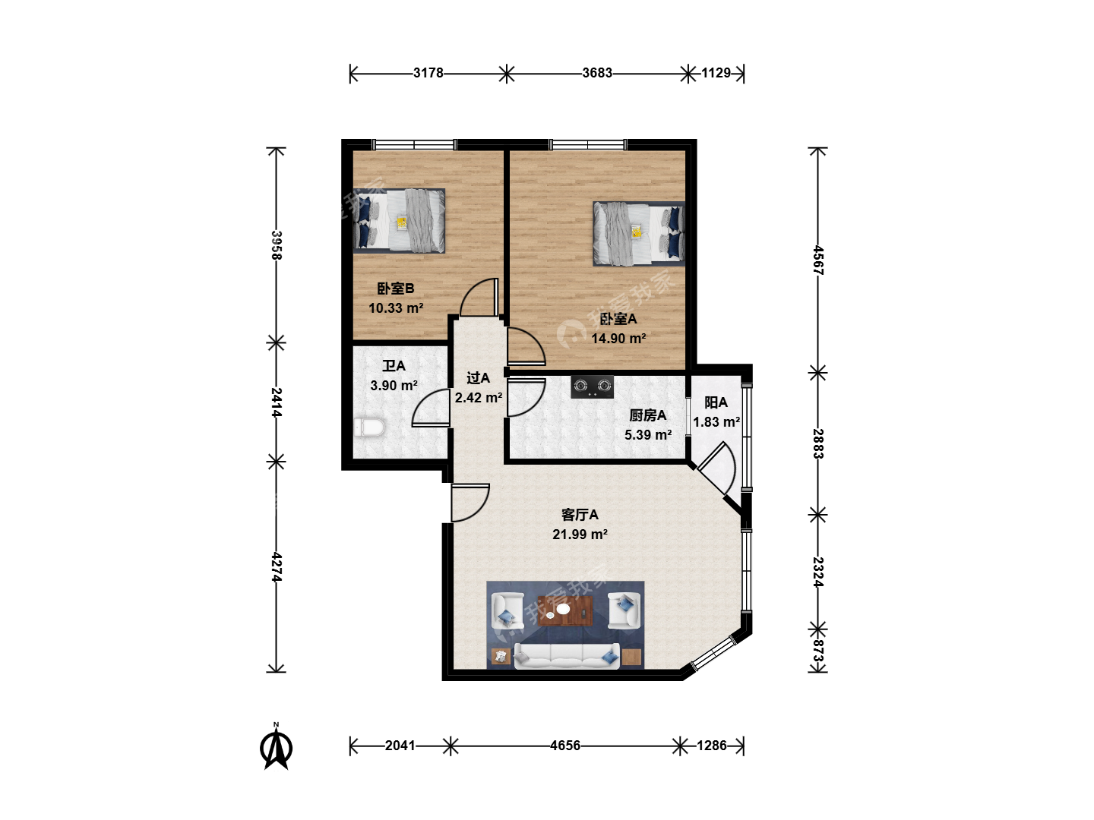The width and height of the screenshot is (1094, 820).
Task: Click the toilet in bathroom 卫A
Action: coord(368,427)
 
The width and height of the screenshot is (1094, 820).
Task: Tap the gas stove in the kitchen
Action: coord(592,386)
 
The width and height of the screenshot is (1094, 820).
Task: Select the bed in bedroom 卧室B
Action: coord(399,220)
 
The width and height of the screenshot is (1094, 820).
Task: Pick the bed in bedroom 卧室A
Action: coord(638,233)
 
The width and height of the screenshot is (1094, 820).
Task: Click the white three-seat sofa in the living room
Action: coord(567,656)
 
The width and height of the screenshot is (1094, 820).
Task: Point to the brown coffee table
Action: coord(565,611)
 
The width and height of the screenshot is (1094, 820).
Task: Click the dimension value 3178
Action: coord(428,73)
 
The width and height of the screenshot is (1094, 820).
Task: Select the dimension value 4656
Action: coord(565,746)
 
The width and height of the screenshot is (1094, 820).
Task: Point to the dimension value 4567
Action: coord(818,260)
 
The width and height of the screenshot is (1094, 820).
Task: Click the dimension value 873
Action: coord(818,651)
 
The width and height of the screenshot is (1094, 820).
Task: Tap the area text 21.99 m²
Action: coord(580,535)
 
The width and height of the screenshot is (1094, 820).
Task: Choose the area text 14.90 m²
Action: coord(618,339)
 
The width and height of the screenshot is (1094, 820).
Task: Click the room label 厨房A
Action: coord(647,415)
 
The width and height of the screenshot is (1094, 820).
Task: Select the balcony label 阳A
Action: coord(716,402)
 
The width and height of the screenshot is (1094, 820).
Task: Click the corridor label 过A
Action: coord(478,378)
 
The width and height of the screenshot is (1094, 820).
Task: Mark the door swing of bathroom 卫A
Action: coord(432,408)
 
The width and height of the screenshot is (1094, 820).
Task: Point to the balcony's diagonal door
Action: coord(716,468)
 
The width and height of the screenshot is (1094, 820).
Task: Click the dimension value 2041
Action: coord(400,746)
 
